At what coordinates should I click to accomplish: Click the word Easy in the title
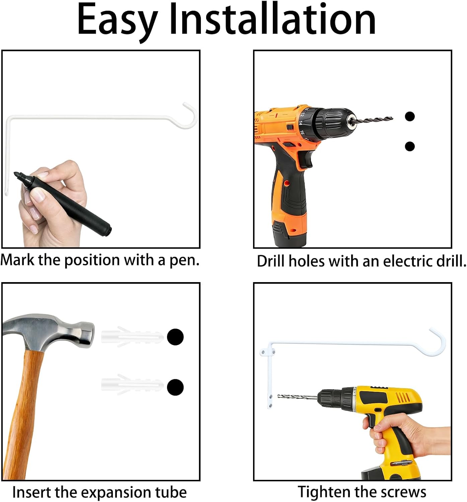pos(118,22)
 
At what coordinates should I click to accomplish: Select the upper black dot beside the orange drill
pos(410,116)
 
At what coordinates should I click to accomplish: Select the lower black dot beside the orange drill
pos(410,146)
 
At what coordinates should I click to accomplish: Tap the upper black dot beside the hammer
pos(175,337)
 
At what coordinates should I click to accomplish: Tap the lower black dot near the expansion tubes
pos(175,387)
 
